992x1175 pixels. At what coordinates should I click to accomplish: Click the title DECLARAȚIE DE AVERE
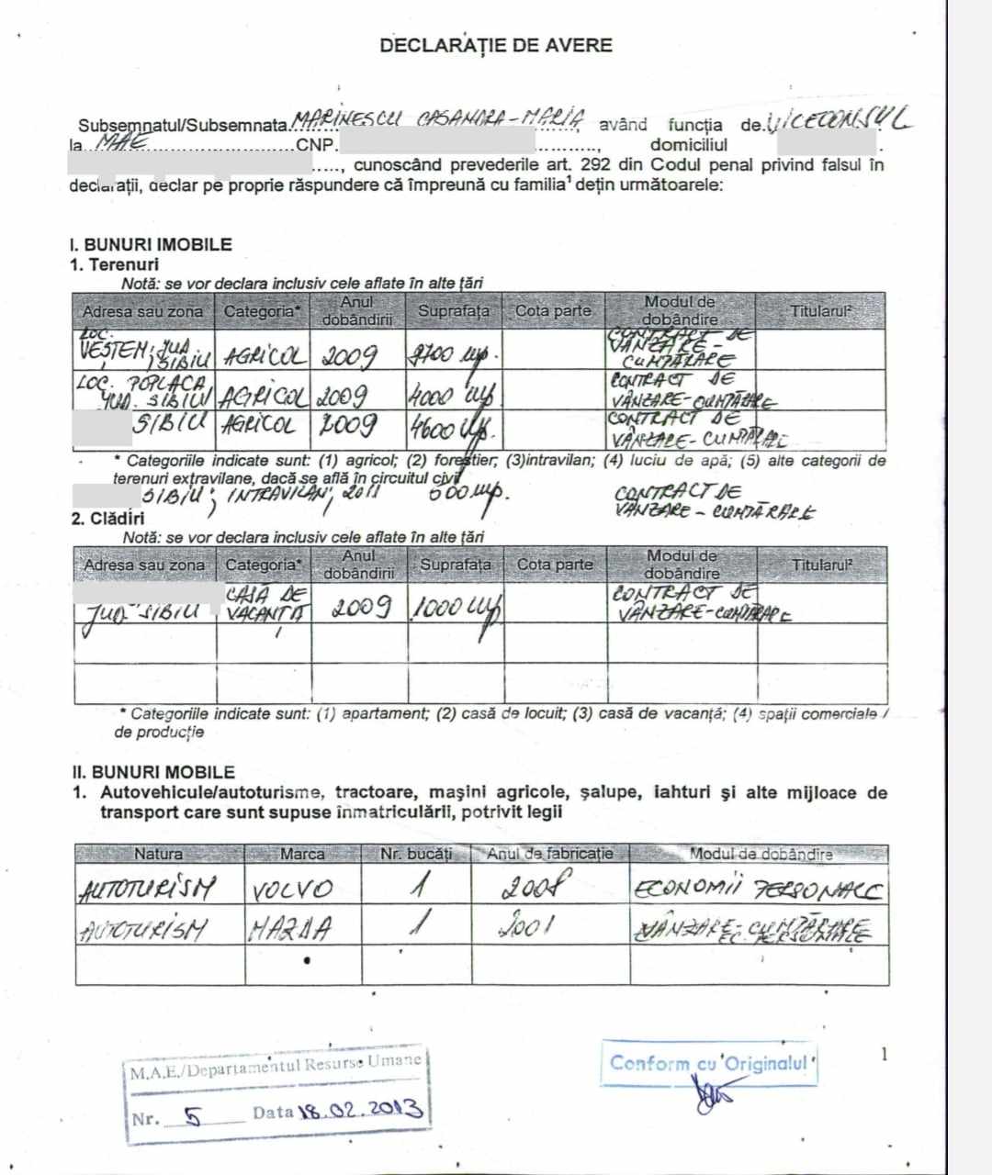(496, 45)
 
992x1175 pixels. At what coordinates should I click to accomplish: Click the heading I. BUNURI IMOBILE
(151, 245)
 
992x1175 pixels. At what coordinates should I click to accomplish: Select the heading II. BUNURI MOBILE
(154, 772)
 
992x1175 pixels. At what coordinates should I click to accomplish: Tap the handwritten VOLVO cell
(292, 890)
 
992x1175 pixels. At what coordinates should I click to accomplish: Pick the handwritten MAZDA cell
(289, 930)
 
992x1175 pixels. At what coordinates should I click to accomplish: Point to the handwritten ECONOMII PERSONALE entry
(758, 890)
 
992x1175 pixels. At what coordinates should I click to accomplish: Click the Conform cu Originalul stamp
(710, 1064)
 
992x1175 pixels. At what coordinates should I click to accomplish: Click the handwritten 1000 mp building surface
(455, 609)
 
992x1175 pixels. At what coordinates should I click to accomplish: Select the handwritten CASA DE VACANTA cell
(265, 604)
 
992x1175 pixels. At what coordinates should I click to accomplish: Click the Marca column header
(302, 855)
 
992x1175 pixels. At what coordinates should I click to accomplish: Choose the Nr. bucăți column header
(416, 855)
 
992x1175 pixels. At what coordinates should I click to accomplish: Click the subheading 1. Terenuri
(115, 264)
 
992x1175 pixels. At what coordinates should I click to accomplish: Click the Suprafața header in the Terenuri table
(454, 311)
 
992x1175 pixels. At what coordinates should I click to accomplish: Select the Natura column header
(158, 855)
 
